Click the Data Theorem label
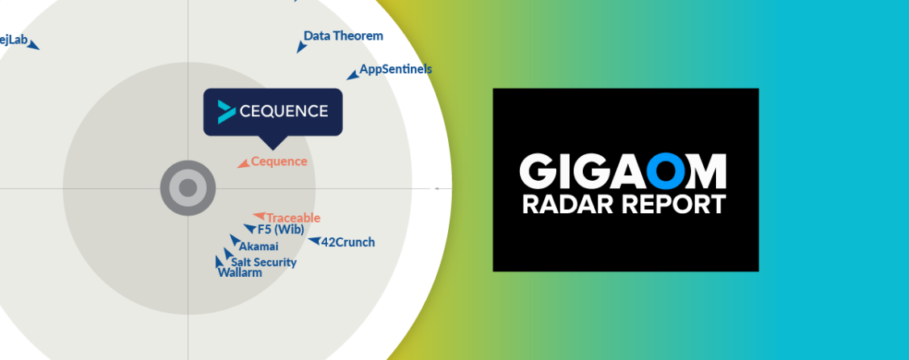pyautogui.click(x=343, y=36)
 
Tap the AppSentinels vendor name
pyautogui.click(x=396, y=69)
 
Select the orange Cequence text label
pyautogui.click(x=279, y=161)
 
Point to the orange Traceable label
pyautogui.click(x=293, y=218)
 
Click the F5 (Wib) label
pyautogui.click(x=281, y=229)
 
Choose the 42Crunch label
pyautogui.click(x=348, y=242)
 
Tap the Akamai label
pyautogui.click(x=258, y=246)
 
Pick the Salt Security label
pyautogui.click(x=264, y=262)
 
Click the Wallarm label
pyautogui.click(x=240, y=273)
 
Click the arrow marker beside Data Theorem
pyautogui.click(x=301, y=47)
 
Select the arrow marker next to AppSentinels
pyautogui.click(x=352, y=76)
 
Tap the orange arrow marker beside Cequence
pyautogui.click(x=243, y=164)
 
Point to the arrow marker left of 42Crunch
pyautogui.click(x=314, y=241)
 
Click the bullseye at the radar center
pyautogui.click(x=188, y=189)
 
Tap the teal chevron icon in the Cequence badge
pyautogui.click(x=226, y=111)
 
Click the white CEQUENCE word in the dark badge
pyautogui.click(x=283, y=111)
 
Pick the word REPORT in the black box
pyautogui.click(x=668, y=204)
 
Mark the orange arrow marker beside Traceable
pyautogui.click(x=258, y=216)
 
